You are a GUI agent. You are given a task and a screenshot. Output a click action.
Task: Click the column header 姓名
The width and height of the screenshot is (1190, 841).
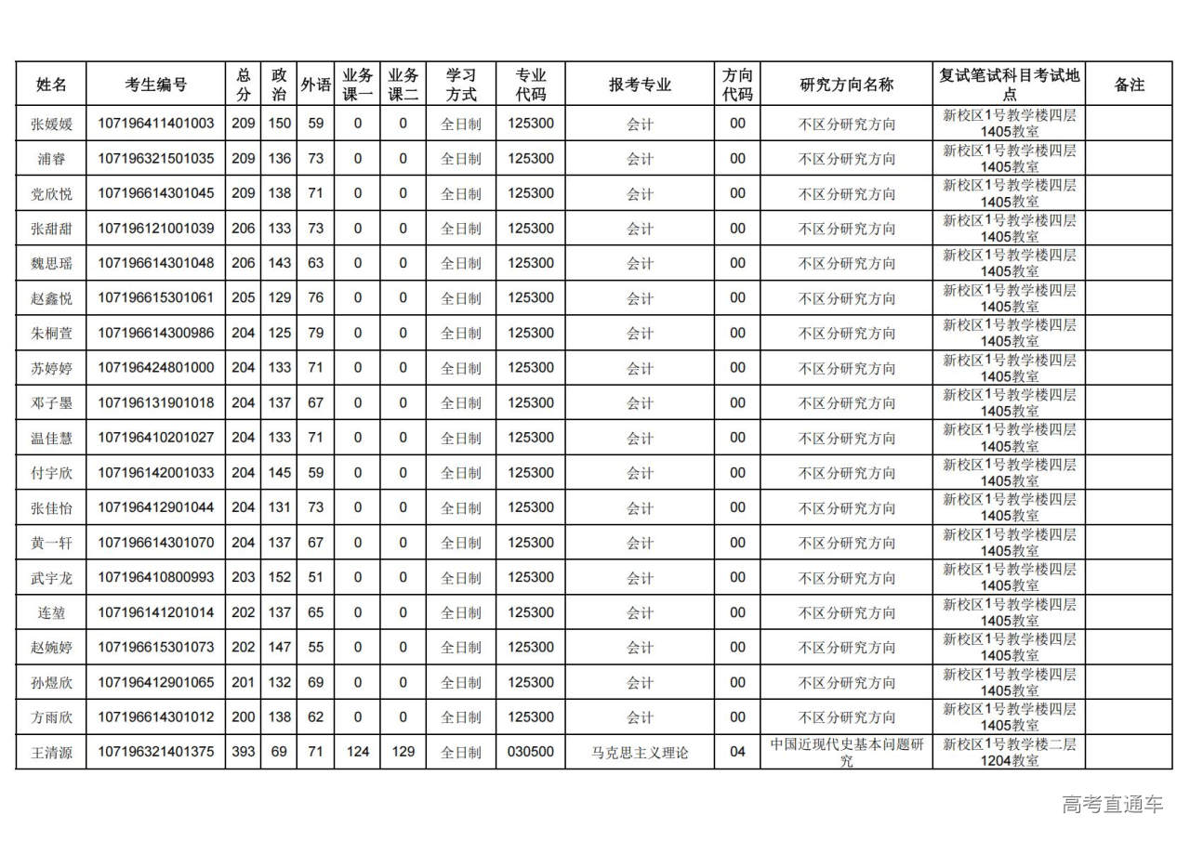click(x=51, y=85)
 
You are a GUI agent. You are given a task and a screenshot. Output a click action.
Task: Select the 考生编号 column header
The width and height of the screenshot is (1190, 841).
click(x=155, y=85)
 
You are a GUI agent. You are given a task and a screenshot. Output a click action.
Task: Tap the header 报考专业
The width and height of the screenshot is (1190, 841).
click(x=640, y=85)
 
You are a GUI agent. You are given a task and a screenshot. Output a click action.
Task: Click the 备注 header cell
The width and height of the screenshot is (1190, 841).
click(x=1129, y=85)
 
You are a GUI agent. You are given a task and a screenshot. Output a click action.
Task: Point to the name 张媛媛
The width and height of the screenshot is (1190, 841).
click(x=51, y=124)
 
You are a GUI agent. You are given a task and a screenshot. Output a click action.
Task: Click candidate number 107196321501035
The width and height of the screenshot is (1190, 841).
click(x=155, y=159)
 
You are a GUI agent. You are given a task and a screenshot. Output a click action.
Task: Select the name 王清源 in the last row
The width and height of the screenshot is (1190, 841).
click(x=51, y=753)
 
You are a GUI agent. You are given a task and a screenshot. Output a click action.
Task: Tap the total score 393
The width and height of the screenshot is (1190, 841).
click(x=243, y=752)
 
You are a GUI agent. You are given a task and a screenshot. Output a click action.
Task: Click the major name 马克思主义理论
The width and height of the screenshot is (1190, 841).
click(x=640, y=753)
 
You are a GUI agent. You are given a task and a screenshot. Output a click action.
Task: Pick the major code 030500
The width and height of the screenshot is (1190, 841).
click(x=530, y=752)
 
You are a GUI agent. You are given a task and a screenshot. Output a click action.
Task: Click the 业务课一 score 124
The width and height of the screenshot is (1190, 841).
click(x=357, y=752)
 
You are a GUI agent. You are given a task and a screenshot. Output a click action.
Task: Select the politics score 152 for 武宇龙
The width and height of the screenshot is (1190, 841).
click(x=279, y=577)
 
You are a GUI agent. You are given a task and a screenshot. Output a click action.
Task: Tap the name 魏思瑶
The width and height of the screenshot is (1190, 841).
click(x=51, y=264)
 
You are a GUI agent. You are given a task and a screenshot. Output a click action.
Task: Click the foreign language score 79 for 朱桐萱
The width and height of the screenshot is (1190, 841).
click(x=316, y=333)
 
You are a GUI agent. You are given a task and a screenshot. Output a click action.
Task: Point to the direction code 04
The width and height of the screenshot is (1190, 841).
click(x=737, y=752)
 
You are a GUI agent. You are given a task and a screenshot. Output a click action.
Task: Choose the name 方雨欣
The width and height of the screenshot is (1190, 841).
click(x=51, y=717)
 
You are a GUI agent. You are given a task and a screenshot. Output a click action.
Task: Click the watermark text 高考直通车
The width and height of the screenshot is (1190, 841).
click(x=1112, y=804)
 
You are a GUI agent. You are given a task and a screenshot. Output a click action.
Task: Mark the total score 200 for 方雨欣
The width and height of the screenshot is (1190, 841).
click(x=243, y=717)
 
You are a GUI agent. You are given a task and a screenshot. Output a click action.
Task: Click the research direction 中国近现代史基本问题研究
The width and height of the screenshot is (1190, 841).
click(x=846, y=752)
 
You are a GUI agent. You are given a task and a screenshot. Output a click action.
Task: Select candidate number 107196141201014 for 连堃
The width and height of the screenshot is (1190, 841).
click(x=155, y=612)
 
